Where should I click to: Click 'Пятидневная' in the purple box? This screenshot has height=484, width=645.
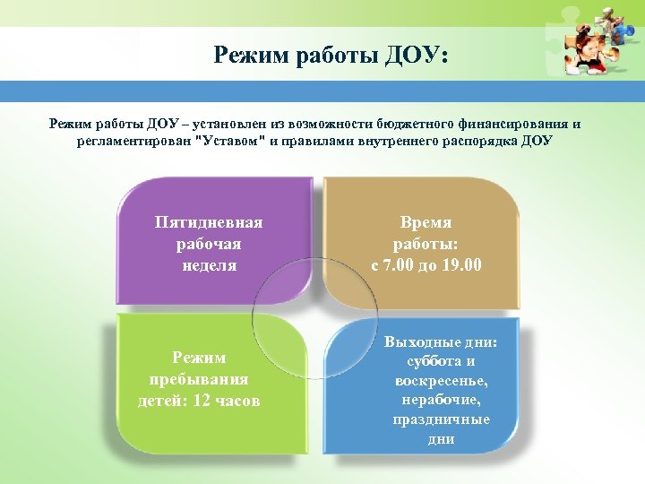click(x=209, y=222)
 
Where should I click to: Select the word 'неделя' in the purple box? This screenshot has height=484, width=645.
click(x=209, y=264)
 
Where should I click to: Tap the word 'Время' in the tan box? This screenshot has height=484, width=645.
click(x=426, y=222)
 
